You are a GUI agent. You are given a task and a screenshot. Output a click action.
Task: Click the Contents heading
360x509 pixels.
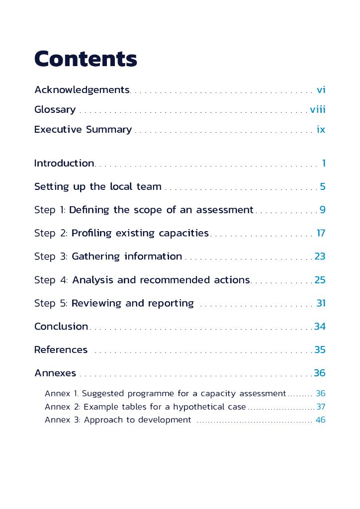coord(86,59)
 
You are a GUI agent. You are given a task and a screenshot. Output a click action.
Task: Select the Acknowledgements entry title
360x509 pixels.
coord(82,90)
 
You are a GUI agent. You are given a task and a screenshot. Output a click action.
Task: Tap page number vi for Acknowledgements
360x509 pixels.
coord(321,90)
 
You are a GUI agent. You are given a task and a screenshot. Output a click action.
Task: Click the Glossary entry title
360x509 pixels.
coord(55,110)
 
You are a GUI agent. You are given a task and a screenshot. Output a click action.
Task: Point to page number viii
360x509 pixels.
coord(318,110)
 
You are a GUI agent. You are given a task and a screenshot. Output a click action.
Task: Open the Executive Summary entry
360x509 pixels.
coord(83,130)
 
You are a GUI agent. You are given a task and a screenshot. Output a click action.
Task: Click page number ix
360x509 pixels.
coord(321,130)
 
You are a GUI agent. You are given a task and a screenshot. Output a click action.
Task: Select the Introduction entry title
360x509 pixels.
coord(64,163)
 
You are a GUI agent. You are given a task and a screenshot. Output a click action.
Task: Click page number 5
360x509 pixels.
coord(323,187)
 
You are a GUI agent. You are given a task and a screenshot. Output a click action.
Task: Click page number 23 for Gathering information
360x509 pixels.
coord(320,256)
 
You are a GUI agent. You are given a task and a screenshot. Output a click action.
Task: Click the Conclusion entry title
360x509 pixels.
coord(61,327)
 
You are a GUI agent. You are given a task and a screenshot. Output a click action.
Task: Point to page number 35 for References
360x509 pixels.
coord(320,350)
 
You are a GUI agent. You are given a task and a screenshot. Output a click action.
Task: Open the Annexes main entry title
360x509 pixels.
coord(55,373)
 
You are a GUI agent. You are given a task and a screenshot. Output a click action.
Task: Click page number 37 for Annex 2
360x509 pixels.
coord(321,407)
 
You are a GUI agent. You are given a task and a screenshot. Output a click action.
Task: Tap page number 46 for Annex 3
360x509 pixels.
coord(320,420)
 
